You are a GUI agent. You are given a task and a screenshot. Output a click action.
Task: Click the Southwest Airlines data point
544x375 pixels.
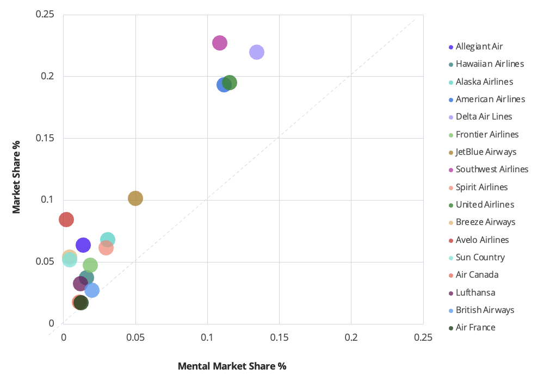tap(219, 43)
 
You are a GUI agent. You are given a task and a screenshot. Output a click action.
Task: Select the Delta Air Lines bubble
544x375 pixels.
tap(257, 52)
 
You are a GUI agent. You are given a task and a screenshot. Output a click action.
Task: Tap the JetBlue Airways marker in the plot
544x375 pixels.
tap(135, 198)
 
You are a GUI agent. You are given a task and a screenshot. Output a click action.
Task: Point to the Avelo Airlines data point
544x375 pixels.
tap(66, 220)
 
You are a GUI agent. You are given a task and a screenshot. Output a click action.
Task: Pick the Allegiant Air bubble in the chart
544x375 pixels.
tap(83, 245)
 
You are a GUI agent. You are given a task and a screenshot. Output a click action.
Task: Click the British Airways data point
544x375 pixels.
tap(92, 290)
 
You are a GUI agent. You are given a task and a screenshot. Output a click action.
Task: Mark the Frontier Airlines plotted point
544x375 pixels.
tap(90, 265)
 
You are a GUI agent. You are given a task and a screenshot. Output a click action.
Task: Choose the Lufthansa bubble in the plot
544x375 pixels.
tap(80, 283)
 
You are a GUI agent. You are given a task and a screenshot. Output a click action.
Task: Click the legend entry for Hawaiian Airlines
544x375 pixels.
tap(490, 64)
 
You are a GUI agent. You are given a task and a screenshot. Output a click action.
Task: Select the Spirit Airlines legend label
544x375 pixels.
tap(481, 187)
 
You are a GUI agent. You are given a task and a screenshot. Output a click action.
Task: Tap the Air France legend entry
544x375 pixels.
tap(475, 328)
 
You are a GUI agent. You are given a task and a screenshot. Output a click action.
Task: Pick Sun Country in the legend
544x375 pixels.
tap(480, 258)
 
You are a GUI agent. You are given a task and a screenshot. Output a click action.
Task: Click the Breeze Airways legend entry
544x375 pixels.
tap(485, 222)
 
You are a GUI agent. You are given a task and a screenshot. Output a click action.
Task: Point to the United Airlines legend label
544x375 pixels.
tap(485, 205)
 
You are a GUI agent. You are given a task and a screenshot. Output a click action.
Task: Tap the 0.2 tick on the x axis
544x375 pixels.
tap(351, 337)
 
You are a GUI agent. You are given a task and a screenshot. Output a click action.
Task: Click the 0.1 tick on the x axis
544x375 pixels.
tap(207, 337)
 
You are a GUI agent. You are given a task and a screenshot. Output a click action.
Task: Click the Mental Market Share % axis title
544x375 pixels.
tap(232, 366)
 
